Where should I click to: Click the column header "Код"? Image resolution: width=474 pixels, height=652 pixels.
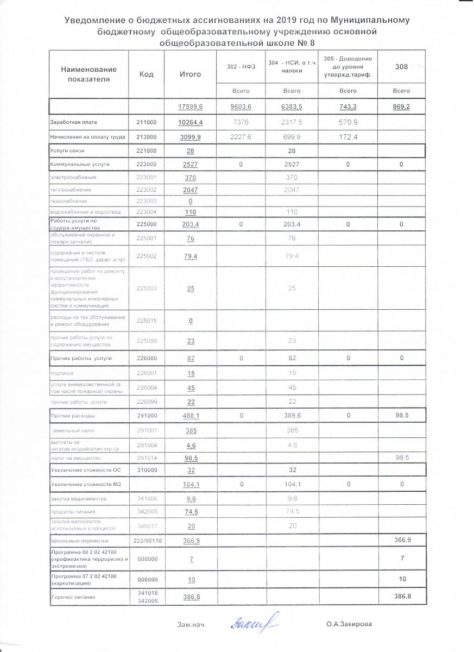coord(146,74)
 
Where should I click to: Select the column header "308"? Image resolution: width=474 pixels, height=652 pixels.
coord(401,66)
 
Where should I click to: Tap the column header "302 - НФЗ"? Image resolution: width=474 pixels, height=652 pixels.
coord(240,66)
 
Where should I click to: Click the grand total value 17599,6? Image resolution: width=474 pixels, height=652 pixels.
coord(190,107)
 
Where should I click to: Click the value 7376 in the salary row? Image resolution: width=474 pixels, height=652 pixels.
coord(240,123)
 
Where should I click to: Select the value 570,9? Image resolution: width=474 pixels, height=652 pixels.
coord(347,123)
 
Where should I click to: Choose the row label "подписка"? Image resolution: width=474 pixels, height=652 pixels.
coord(61,374)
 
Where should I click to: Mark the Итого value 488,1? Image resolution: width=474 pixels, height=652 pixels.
coord(190,416)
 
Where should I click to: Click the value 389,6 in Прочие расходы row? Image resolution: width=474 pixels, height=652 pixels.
coord(292,416)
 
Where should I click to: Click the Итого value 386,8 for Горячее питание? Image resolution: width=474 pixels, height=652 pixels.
coord(190,597)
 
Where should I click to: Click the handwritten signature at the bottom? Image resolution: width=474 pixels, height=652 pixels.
coord(255,623)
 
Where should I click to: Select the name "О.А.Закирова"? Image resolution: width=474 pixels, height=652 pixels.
coord(349,625)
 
